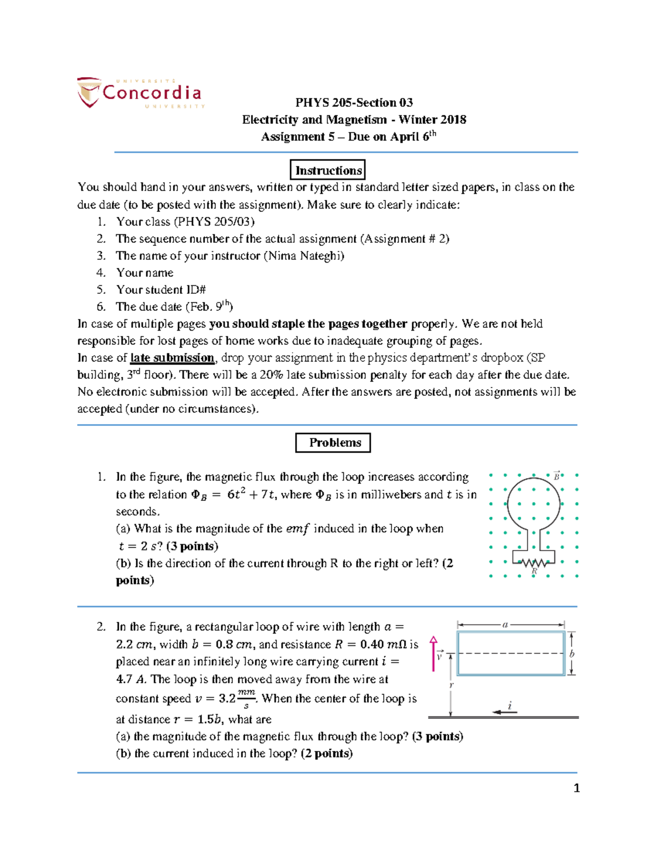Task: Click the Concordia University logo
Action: pyautogui.click(x=141, y=92)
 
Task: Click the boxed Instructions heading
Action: pyautogui.click(x=328, y=170)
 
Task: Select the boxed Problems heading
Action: pyautogui.click(x=333, y=443)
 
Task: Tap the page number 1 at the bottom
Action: pyautogui.click(x=576, y=788)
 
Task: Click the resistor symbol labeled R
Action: pyautogui.click(x=533, y=562)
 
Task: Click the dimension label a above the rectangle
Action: pyautogui.click(x=505, y=625)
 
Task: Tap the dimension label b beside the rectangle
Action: pyautogui.click(x=572, y=654)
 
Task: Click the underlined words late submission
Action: pyautogui.click(x=172, y=358)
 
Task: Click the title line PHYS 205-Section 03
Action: pyautogui.click(x=354, y=102)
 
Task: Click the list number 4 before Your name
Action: pyautogui.click(x=101, y=273)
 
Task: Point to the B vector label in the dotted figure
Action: pyautogui.click(x=557, y=476)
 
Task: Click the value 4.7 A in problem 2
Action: pyautogui.click(x=131, y=679)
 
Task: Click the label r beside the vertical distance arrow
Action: pyautogui.click(x=452, y=685)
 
